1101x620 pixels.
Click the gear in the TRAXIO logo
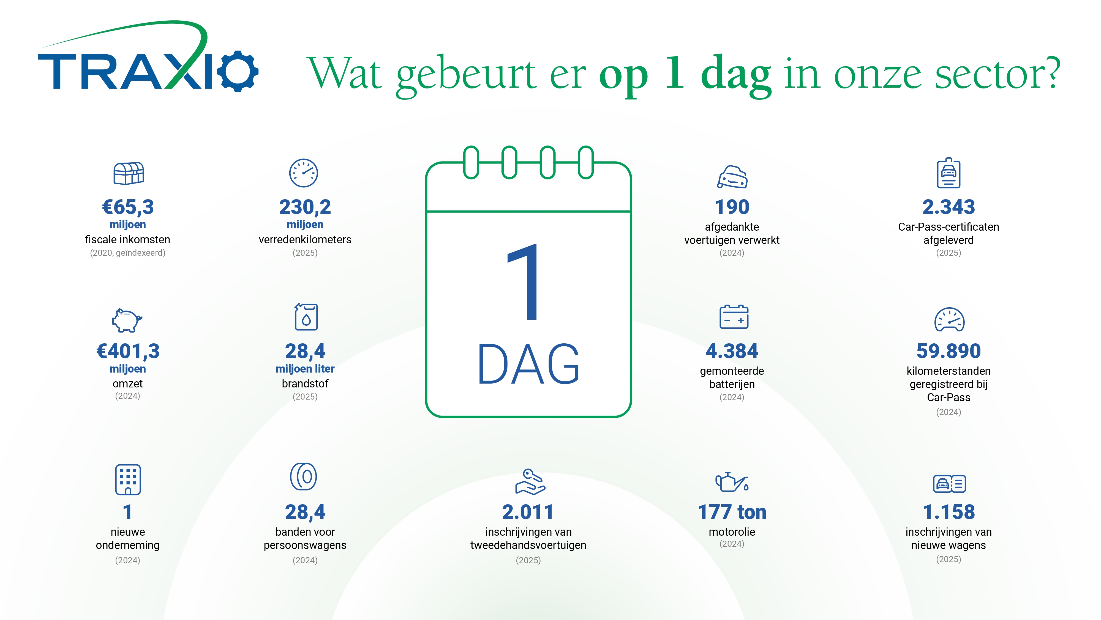(x=238, y=71)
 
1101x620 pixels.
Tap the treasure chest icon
(x=128, y=173)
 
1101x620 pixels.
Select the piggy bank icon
(x=127, y=320)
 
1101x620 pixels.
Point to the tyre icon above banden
(x=303, y=476)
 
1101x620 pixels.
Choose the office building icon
(x=128, y=479)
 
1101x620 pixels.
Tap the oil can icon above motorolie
(x=732, y=482)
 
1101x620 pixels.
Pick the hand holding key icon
(x=530, y=482)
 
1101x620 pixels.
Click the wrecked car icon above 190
(x=732, y=177)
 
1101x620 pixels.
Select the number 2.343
(x=949, y=207)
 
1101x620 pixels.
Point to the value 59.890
(x=949, y=351)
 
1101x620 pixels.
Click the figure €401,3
(x=128, y=352)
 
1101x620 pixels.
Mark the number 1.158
(x=949, y=512)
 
